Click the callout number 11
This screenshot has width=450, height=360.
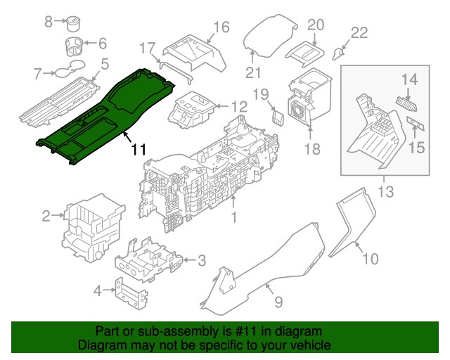coord(139,150)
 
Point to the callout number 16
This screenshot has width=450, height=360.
coord(221,27)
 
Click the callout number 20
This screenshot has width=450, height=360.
coord(315,25)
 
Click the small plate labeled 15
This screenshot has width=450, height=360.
coord(415,125)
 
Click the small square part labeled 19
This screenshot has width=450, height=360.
coord(278,114)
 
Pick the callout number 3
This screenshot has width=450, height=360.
coord(201,262)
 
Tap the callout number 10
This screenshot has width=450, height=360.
coord(370,259)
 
